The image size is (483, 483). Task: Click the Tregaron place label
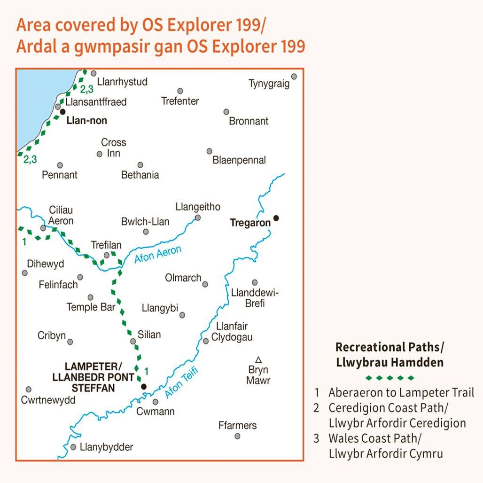[x=249, y=223]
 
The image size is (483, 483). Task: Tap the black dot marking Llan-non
[x=62, y=112]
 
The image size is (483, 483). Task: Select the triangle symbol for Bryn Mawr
[x=258, y=359]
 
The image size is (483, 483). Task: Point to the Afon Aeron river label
[x=158, y=254]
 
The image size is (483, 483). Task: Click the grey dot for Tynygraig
[x=294, y=76]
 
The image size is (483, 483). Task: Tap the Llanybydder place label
[x=107, y=447]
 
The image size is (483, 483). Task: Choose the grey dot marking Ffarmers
[x=237, y=436]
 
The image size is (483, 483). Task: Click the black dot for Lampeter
[x=144, y=387]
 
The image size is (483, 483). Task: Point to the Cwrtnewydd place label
[x=48, y=400]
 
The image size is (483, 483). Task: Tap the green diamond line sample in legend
[x=390, y=377]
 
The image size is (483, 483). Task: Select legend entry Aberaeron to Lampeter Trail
[x=401, y=392]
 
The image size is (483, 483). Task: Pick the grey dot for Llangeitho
[x=198, y=218]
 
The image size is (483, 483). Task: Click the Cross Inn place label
[x=114, y=148]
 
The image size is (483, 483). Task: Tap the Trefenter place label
[x=180, y=101]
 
